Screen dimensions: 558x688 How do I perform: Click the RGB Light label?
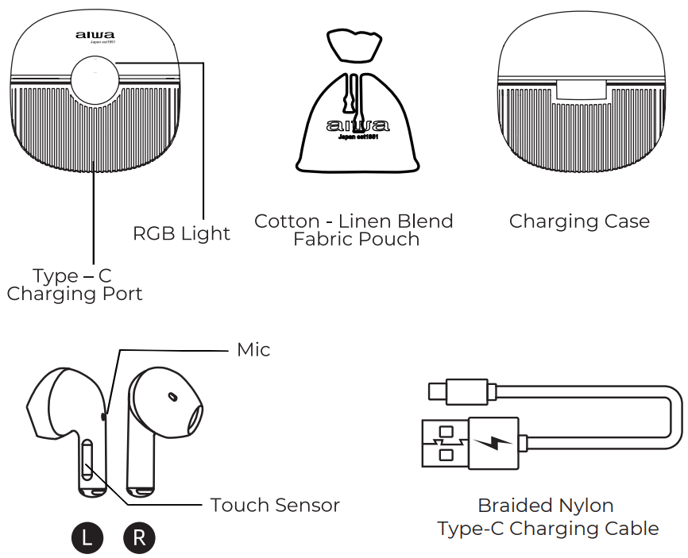click(x=181, y=233)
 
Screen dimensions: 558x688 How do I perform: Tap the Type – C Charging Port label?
click(x=74, y=285)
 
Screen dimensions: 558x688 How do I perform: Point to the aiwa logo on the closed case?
click(x=95, y=35)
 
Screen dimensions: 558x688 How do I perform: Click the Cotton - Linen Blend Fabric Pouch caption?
click(x=354, y=230)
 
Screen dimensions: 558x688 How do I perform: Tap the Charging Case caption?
click(x=579, y=221)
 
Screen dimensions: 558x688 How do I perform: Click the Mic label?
click(x=253, y=350)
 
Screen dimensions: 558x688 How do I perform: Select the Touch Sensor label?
click(x=275, y=505)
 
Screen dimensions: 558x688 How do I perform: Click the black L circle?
click(x=87, y=538)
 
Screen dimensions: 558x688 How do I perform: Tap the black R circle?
click(x=139, y=538)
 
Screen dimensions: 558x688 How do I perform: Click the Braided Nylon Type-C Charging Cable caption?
click(x=547, y=517)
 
